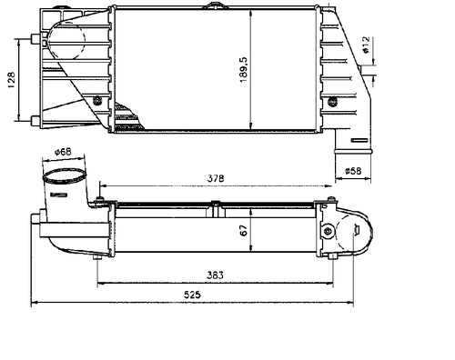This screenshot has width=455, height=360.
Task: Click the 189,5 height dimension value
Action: [244, 70]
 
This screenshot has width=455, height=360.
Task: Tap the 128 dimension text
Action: [11, 80]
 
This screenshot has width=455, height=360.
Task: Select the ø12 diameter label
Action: [366, 45]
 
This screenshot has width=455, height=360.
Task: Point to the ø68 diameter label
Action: [63, 152]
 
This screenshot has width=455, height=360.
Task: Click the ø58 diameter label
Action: [353, 171]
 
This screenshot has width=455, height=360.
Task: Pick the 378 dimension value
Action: [216, 178]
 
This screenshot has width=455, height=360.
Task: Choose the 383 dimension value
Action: [215, 275]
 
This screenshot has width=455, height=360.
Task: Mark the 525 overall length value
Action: [192, 295]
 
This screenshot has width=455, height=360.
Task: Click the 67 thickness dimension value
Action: [244, 230]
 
